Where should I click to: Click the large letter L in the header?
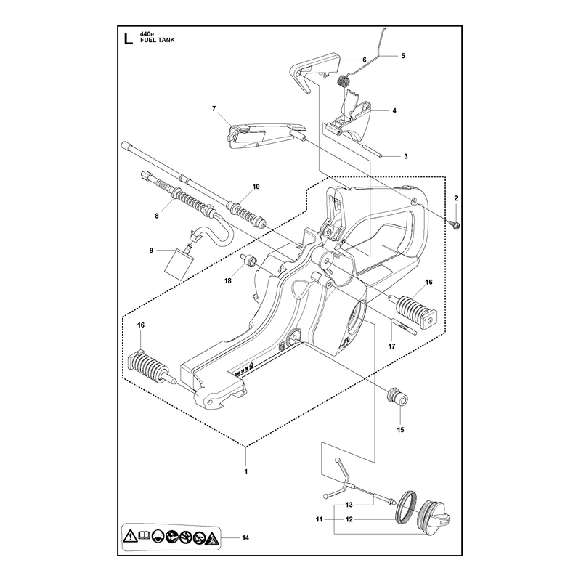[x=128, y=38]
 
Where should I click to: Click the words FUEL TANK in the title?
[x=157, y=40]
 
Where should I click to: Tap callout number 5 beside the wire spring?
[x=403, y=56]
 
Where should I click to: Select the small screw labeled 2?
[x=457, y=224]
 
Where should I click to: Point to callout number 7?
[x=214, y=108]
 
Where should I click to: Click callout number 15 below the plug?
[x=400, y=430]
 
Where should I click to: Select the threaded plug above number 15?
[x=397, y=397]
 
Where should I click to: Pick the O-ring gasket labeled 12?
[x=406, y=507]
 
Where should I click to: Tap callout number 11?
[x=319, y=519]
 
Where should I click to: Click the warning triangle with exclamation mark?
[x=131, y=536]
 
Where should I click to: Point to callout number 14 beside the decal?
[x=245, y=537]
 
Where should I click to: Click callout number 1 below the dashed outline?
[x=245, y=471]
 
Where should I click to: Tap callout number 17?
[x=391, y=346]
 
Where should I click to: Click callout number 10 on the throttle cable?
[x=256, y=187]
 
